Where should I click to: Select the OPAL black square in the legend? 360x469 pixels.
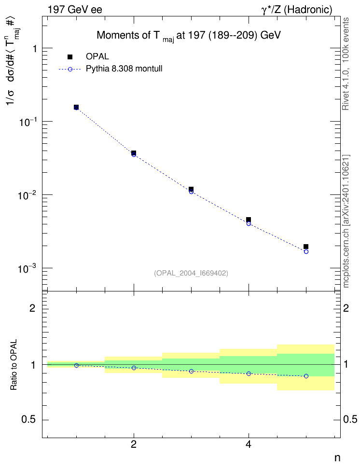[x=70, y=56]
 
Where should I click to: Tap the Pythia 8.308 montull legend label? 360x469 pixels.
[x=124, y=69]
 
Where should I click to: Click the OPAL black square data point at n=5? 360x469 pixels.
[x=306, y=247]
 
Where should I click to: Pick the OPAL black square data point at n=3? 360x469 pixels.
[x=191, y=189]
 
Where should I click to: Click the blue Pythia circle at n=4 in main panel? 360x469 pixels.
[x=249, y=223]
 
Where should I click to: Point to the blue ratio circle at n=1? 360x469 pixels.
[x=76, y=366]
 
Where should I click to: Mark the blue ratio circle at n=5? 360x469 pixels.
[x=306, y=376]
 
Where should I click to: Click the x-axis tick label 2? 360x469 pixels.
[x=134, y=444]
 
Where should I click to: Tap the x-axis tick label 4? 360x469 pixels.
[x=249, y=444]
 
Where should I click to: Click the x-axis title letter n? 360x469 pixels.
[x=337, y=458]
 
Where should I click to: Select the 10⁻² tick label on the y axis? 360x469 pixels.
[x=27, y=195]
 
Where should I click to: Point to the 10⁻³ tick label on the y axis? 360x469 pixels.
[x=27, y=268]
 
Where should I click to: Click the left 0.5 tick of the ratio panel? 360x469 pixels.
[x=28, y=420]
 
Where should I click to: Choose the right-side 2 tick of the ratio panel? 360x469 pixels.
[x=346, y=308]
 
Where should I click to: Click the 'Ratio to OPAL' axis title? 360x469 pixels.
[x=14, y=365]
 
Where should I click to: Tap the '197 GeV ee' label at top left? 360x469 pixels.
[x=75, y=10]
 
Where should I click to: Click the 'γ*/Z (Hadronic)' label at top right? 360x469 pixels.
[x=297, y=10]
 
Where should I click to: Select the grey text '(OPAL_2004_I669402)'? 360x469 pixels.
[x=191, y=273]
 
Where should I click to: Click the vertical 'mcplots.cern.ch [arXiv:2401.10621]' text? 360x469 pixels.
[x=346, y=221]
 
